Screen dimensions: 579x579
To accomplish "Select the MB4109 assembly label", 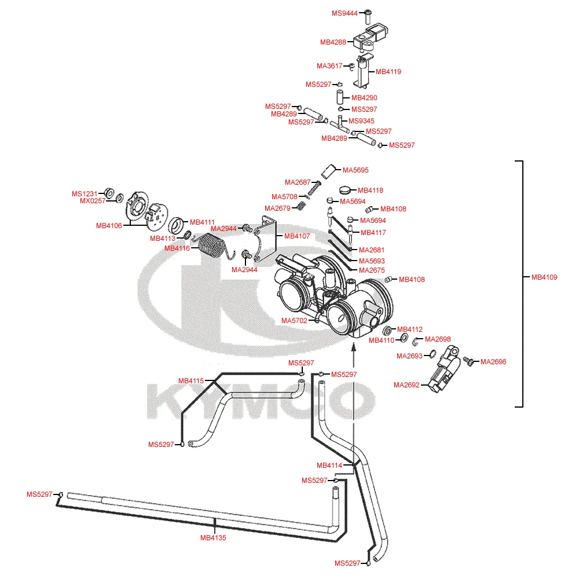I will (x=544, y=277).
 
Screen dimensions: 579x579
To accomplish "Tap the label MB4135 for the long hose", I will (x=213, y=538).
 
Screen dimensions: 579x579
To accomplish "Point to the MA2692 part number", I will (x=406, y=385).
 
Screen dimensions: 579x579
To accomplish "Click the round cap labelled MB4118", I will (x=346, y=189).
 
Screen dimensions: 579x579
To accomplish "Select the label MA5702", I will (x=294, y=320).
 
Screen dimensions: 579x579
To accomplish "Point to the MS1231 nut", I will (x=108, y=193).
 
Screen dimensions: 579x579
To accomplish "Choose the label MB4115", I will (x=191, y=381).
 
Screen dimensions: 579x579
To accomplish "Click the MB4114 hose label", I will (x=329, y=466).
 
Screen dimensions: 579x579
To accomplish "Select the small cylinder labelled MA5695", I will (x=329, y=170).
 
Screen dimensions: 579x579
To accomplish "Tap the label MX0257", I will (x=93, y=201).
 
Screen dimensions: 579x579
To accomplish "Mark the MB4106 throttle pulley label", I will (x=109, y=226).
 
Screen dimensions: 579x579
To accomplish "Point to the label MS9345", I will (x=361, y=121).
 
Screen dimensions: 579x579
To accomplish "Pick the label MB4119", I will (x=389, y=72).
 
